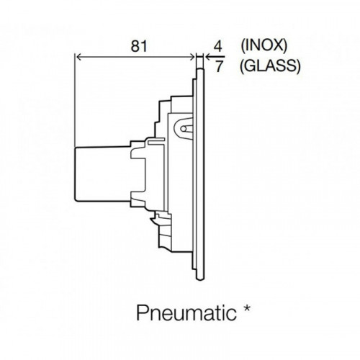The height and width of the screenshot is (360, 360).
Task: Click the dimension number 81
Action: point(139,46)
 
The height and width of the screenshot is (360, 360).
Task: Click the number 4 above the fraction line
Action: point(218,46)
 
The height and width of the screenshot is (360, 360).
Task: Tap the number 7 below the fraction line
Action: point(219,66)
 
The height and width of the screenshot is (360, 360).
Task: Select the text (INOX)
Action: point(264,45)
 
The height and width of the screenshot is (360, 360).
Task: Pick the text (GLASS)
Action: point(270,66)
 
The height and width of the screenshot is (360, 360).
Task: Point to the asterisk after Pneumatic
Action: point(246,309)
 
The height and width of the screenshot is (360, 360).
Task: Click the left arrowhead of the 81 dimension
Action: point(78,57)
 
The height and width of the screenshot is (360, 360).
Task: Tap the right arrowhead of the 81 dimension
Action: point(192,57)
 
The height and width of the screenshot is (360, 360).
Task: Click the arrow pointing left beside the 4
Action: point(215,57)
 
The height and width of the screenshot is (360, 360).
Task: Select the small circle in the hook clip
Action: point(184,129)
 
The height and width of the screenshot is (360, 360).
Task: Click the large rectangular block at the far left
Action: point(103,174)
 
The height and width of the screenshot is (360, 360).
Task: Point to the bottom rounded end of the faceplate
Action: point(200,278)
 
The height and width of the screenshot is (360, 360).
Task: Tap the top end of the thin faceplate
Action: point(200,69)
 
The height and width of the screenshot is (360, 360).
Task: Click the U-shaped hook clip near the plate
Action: point(183,128)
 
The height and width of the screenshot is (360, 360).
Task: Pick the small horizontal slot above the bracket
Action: point(156,140)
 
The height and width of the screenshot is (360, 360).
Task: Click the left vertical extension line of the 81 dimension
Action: point(75,100)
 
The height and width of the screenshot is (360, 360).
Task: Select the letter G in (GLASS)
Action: point(251,66)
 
